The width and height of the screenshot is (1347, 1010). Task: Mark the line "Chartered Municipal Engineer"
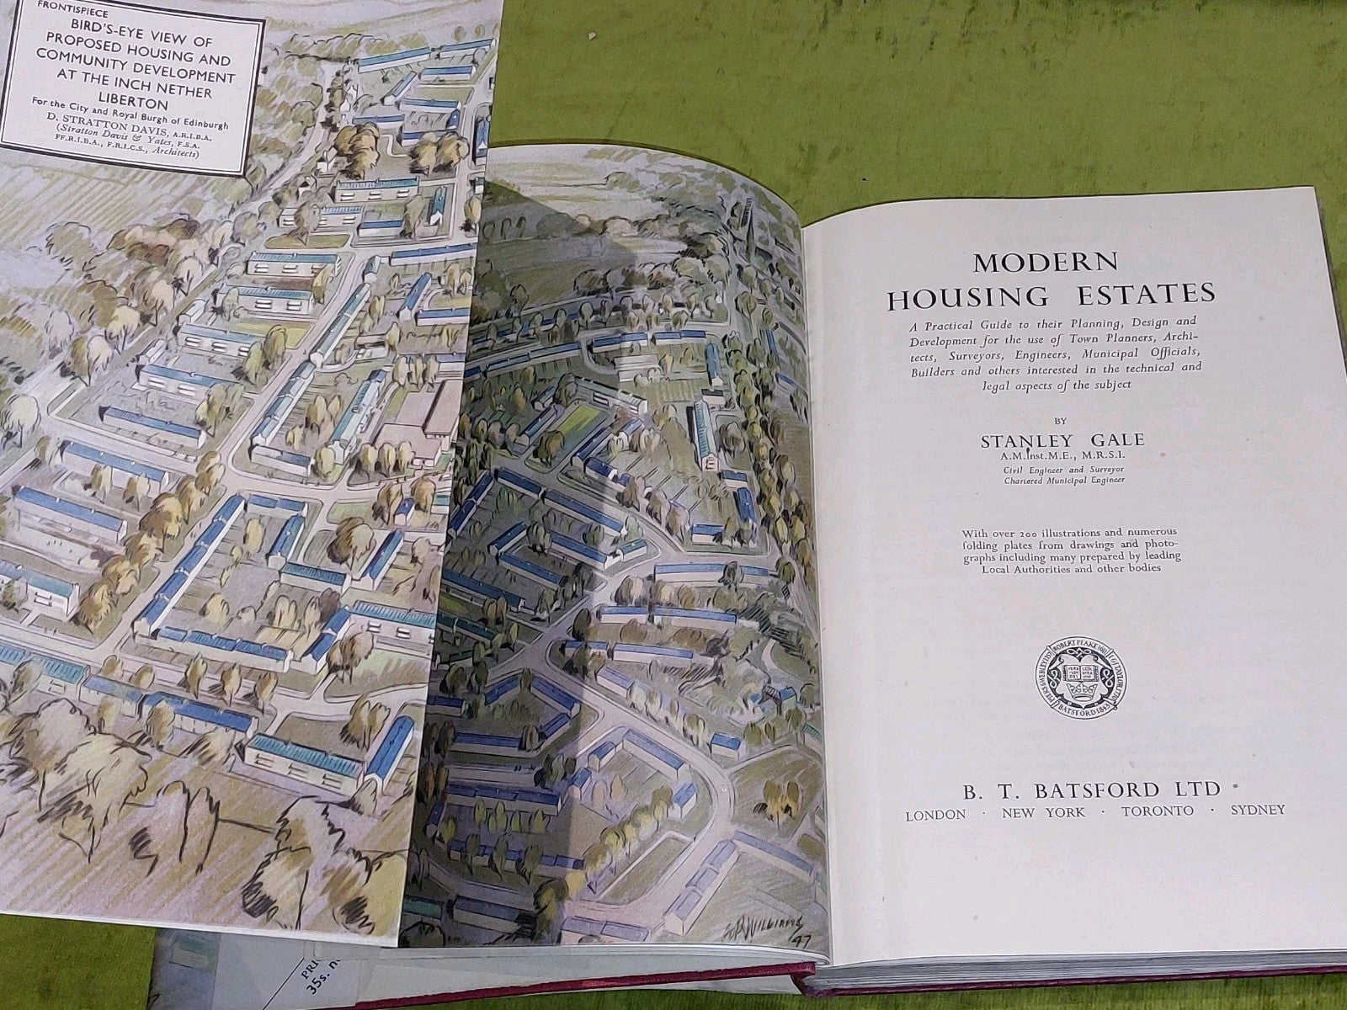pos(1060,481)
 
